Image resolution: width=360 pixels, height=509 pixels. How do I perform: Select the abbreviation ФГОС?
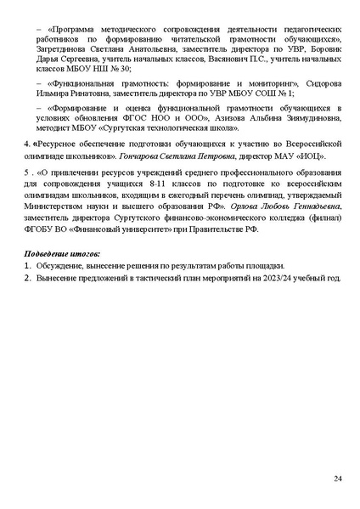pos(155,121)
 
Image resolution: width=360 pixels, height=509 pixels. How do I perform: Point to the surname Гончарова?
pos(142,156)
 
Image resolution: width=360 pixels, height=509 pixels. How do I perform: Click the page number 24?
pos(338,478)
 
